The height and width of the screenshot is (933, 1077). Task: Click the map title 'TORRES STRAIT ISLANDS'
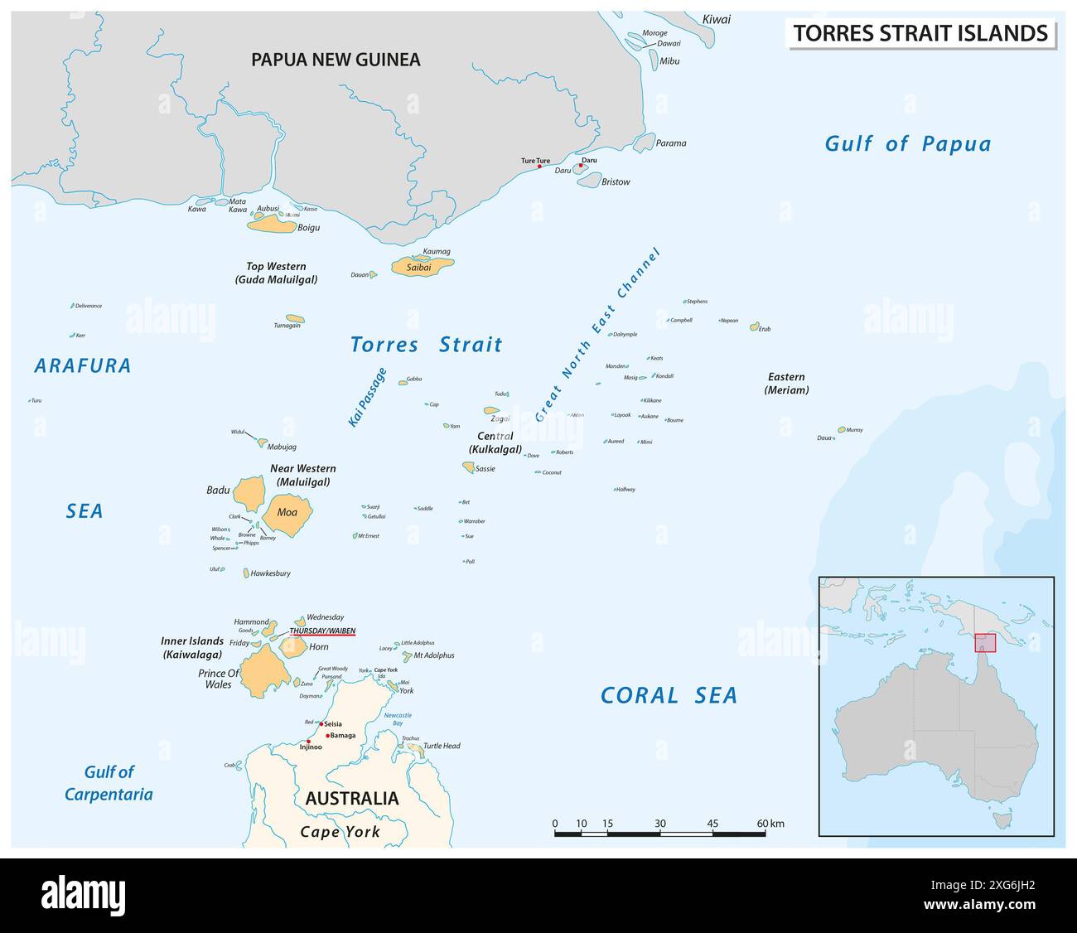pos(920,33)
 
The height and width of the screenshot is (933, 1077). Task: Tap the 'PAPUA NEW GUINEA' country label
pos(336,60)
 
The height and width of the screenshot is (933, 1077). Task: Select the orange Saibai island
pos(423,267)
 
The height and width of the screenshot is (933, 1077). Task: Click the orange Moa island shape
pos(287,513)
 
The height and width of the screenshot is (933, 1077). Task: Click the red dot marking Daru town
pos(581,166)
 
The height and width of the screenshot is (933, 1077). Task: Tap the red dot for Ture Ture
pos(539,167)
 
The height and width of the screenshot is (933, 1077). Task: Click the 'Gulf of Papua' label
pos(907,143)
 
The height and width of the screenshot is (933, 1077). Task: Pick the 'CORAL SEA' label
pos(669,695)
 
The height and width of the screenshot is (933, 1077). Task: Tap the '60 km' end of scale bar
pos(769,824)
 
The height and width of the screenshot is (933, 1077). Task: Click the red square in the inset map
pos(984,643)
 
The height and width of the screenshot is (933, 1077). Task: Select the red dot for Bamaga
pos(329,735)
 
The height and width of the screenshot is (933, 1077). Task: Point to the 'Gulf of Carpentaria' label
pos(109,783)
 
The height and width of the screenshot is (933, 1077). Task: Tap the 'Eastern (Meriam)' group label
pos(786,383)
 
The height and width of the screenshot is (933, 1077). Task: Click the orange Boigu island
pos(272,224)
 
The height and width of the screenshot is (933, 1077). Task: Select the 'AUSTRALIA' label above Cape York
pos(351,799)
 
